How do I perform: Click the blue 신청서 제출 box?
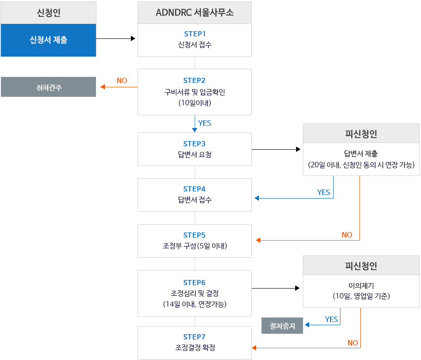tap(48, 40)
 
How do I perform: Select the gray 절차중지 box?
tap(282, 326)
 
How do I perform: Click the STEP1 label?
tap(195, 34)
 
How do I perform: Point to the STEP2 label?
tap(195, 81)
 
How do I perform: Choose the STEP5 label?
tap(195, 235)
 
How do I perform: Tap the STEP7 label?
tap(195, 337)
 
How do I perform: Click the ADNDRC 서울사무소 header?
tap(195, 13)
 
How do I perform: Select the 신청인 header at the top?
tap(48, 13)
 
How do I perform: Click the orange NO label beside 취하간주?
tap(122, 81)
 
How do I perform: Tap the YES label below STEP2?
tap(205, 123)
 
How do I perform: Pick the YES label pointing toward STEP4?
tap(324, 192)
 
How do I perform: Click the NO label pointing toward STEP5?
tap(347, 235)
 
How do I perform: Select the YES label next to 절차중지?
tap(331, 319)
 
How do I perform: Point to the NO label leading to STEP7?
tap(353, 343)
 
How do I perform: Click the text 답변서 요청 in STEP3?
tap(195, 155)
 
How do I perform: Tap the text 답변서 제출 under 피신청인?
tap(361, 153)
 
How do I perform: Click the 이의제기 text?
tap(361, 285)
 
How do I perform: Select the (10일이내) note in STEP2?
tap(195, 103)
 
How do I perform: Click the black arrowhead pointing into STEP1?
tap(133, 39)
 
